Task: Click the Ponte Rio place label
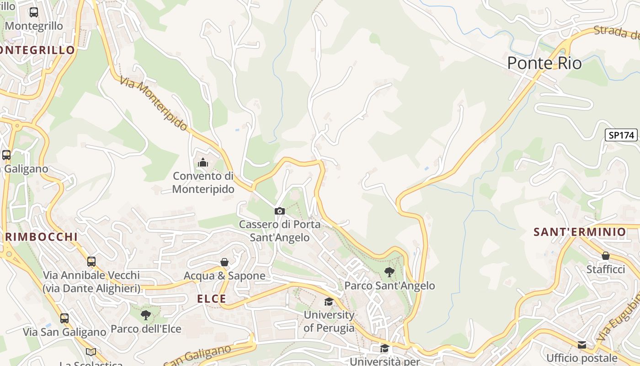tap(544, 63)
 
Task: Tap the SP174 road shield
tap(622, 135)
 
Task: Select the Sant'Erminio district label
tap(579, 232)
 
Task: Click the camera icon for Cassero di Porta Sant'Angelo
tap(279, 211)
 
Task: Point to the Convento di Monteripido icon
tap(203, 162)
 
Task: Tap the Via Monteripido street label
tap(154, 103)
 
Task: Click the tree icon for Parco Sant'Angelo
tap(389, 272)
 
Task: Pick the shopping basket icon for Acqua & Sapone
tap(224, 262)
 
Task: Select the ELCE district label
tap(211, 299)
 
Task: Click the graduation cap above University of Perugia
tap(329, 301)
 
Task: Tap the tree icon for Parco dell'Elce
tap(146, 315)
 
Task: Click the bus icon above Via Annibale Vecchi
tap(91, 261)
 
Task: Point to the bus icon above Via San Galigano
tap(64, 318)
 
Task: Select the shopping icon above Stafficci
tap(606, 256)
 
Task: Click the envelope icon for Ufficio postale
tap(581, 344)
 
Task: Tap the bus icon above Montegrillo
tap(34, 12)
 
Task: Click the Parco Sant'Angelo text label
tap(389, 286)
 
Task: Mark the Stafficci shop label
tap(606, 269)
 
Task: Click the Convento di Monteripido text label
tap(203, 182)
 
